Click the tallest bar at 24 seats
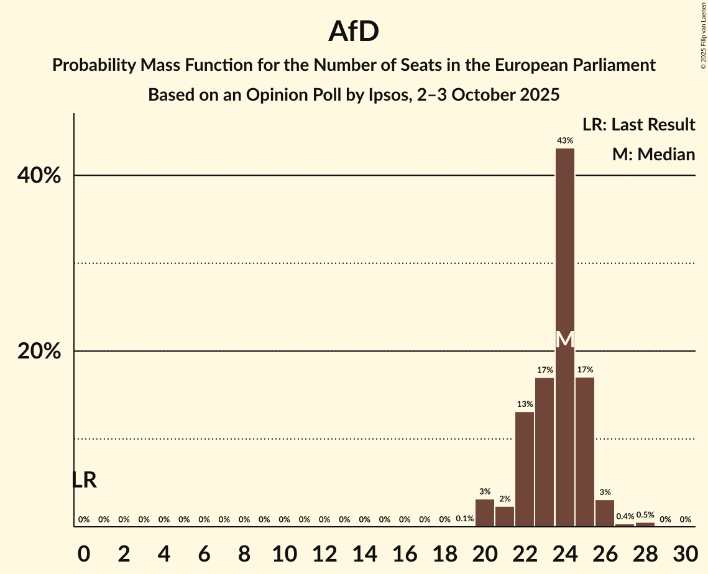tap(564, 248)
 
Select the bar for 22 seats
tap(525, 469)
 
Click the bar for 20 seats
tap(485, 513)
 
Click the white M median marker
tap(564, 340)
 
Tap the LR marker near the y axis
tap(84, 480)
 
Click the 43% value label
tap(564, 141)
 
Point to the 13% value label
tap(525, 404)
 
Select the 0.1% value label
tap(465, 519)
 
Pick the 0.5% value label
tap(645, 515)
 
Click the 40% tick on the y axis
tap(39, 176)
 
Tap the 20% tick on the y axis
tap(39, 352)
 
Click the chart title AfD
tap(354, 32)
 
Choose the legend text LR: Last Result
tap(639, 125)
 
